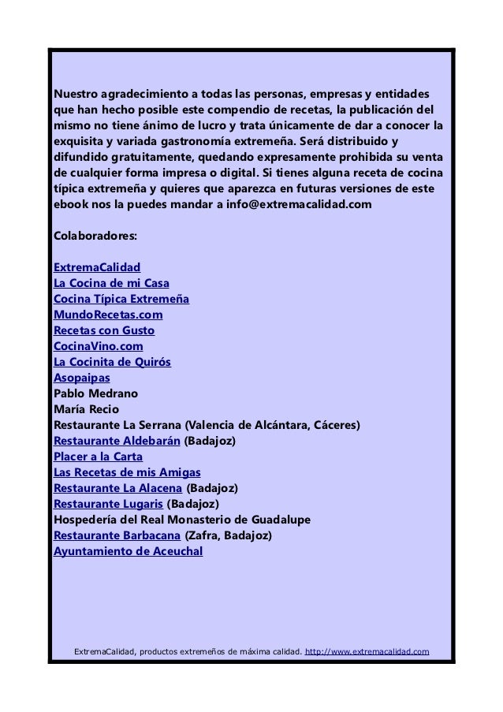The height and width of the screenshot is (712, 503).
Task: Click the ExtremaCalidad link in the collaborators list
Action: (96, 267)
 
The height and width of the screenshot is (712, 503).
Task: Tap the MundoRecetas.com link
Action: (108, 315)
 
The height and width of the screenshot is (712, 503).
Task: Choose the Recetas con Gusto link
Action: (103, 330)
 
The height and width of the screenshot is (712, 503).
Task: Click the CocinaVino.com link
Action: (98, 346)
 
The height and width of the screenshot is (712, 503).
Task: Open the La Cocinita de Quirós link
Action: (112, 362)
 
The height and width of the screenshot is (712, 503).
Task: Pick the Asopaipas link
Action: (81, 378)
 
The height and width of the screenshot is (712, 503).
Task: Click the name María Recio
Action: (85, 409)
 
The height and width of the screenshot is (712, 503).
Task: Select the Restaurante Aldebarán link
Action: (116, 441)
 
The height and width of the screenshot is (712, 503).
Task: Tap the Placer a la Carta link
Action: (99, 457)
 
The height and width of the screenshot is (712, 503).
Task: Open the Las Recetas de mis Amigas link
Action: (127, 472)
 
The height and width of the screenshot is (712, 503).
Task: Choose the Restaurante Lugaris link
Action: (108, 504)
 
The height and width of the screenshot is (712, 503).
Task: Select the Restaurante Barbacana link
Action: (117, 535)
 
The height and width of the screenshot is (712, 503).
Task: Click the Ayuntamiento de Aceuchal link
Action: (128, 551)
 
